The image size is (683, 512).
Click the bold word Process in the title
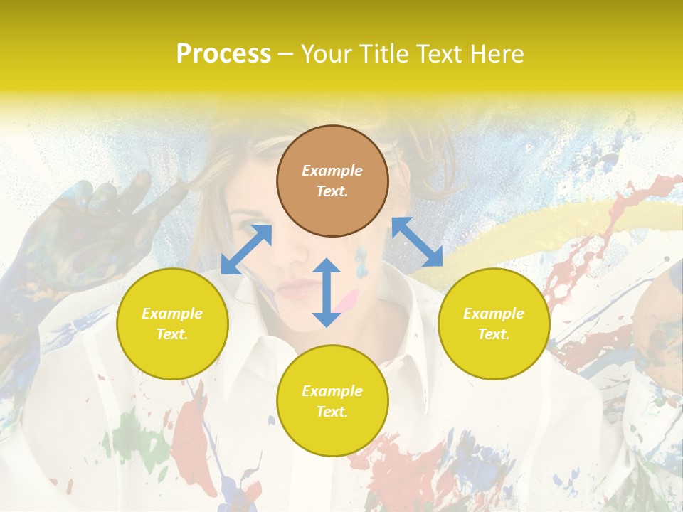tap(223, 54)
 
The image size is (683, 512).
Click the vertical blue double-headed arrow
tap(327, 292)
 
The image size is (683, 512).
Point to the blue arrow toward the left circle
tap(246, 249)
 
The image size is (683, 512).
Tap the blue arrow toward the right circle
tap(417, 242)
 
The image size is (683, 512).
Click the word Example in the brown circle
tap(332, 171)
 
